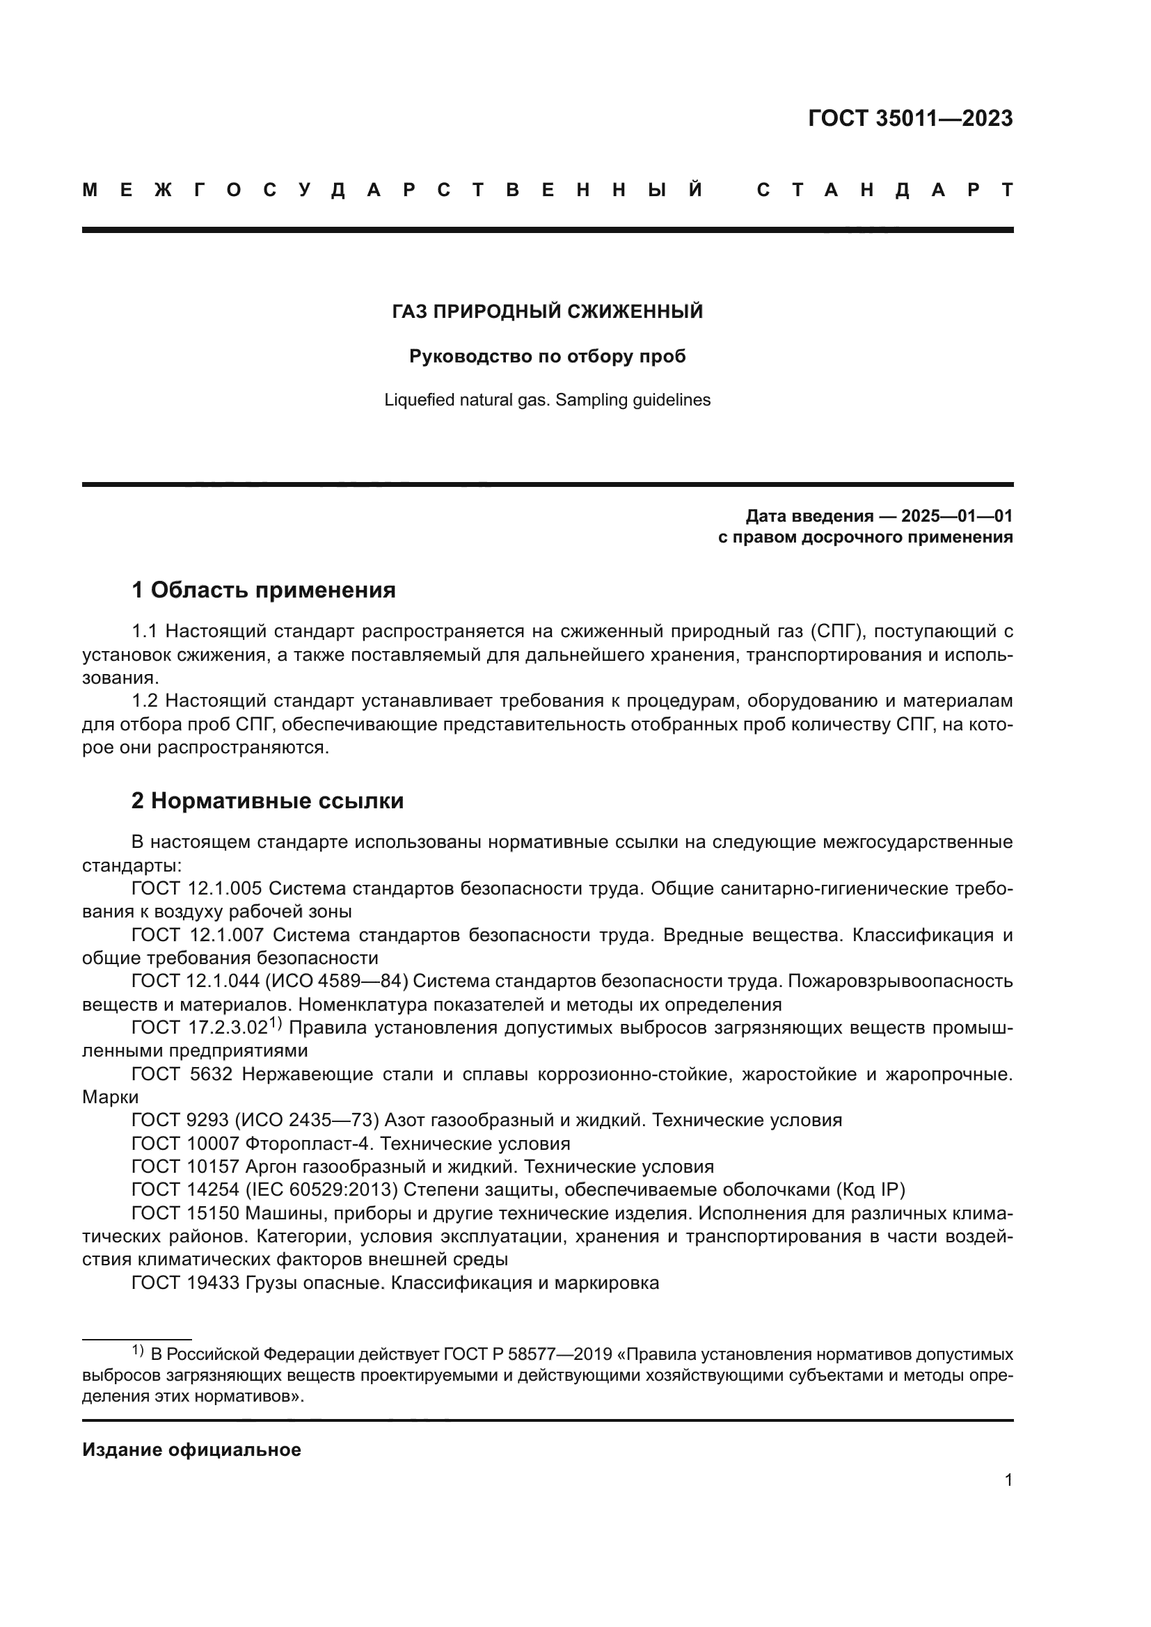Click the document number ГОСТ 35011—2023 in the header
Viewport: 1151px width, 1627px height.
[910, 118]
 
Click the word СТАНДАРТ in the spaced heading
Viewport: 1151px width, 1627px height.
[884, 190]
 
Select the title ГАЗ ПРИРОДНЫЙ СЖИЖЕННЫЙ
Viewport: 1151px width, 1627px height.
[547, 311]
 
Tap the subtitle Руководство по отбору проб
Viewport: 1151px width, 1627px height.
[547, 355]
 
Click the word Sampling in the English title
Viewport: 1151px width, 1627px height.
[586, 400]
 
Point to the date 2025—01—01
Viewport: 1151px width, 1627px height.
[957, 515]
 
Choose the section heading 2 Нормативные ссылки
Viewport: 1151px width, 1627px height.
[267, 801]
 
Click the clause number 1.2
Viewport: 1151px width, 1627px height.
[144, 701]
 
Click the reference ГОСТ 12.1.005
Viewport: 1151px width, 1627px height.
[197, 888]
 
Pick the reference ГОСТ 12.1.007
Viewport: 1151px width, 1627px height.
[197, 935]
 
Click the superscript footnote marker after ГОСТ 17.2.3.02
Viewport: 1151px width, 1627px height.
[276, 1023]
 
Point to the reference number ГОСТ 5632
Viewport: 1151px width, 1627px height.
[182, 1074]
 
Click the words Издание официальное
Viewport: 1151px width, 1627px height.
[191, 1450]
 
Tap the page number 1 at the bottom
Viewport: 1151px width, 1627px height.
[1008, 1493]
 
